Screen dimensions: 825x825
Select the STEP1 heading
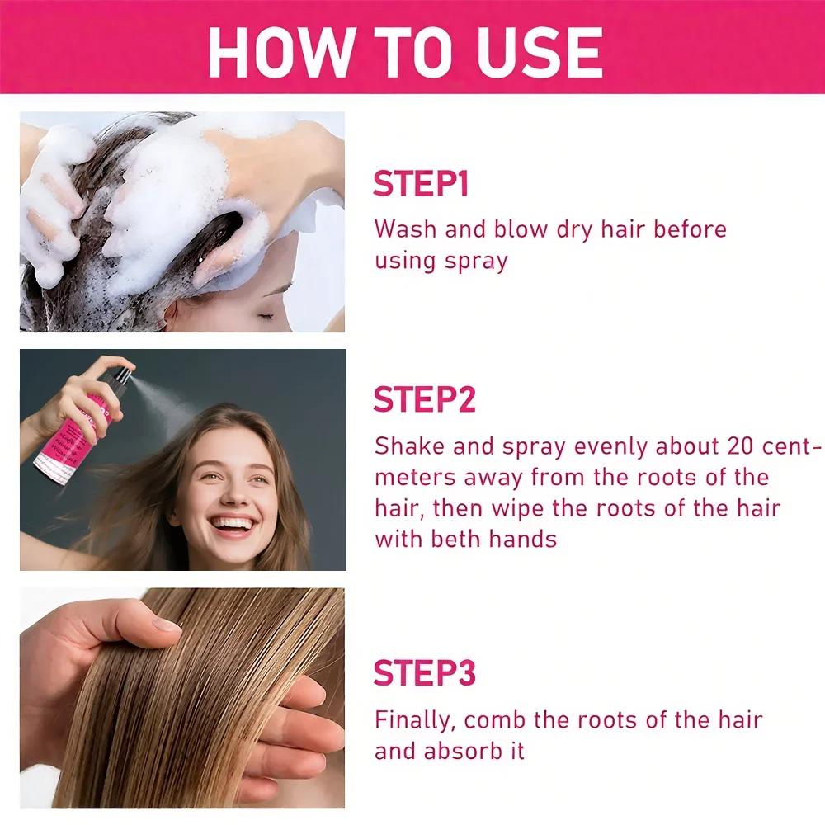421,184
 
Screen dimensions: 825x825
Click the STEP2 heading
424,399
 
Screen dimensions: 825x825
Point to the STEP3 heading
424,672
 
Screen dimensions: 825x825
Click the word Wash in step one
405,229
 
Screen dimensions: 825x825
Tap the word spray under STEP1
476,262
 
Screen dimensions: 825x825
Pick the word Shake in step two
409,445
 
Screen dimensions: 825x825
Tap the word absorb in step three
463,751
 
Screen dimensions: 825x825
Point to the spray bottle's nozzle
125,375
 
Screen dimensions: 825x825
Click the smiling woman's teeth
232,525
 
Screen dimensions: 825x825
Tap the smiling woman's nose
232,494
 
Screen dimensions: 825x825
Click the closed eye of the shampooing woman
266,316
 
